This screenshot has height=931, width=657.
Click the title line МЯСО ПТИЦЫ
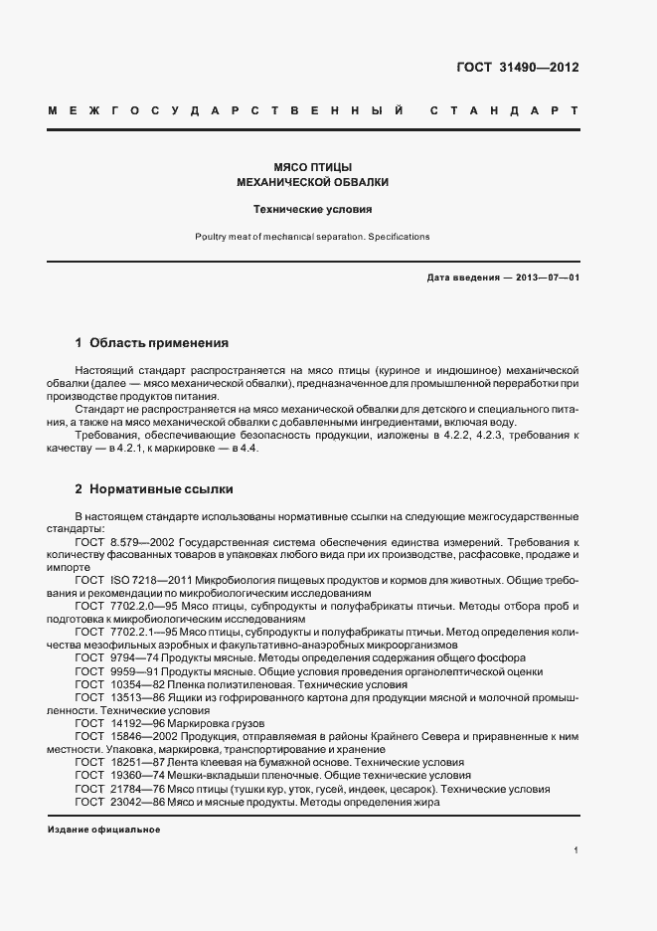click(313, 167)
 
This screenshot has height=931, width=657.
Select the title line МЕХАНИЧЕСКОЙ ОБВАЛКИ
click(313, 183)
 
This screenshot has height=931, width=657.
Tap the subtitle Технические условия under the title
click(313, 210)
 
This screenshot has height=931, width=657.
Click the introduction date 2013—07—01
click(545, 277)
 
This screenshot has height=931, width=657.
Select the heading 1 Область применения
click(152, 343)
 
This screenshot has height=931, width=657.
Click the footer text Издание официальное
click(103, 830)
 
